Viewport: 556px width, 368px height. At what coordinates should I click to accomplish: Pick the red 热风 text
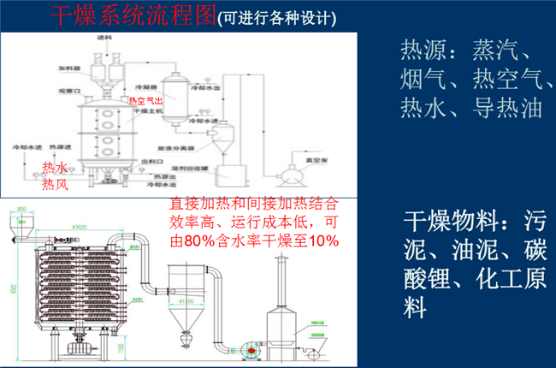[55, 183]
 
